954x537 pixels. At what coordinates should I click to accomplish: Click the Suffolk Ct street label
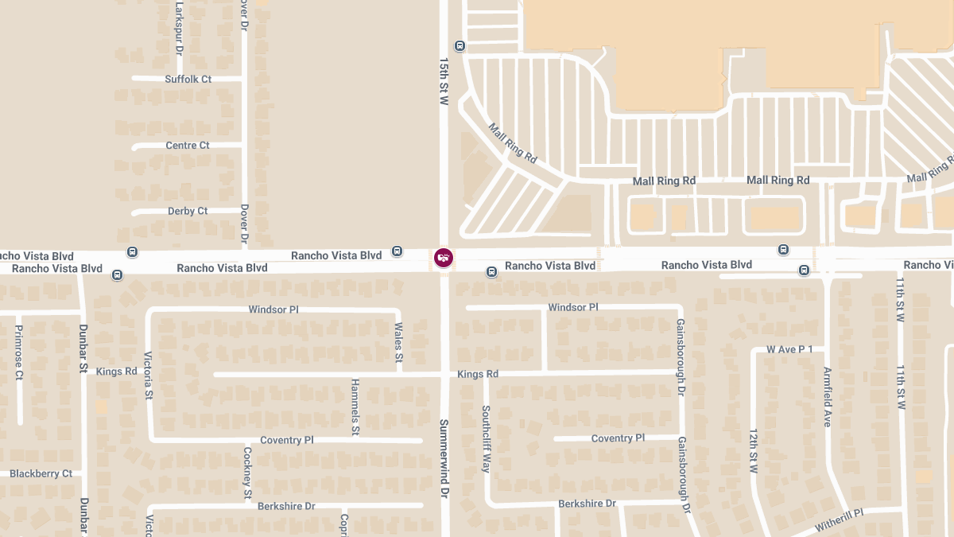coord(188,79)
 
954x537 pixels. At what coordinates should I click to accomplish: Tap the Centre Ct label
coord(188,146)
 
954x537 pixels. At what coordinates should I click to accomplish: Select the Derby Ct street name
coord(188,211)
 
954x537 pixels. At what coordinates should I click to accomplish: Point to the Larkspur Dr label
coord(180,28)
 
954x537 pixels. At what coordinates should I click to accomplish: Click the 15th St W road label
coord(444,80)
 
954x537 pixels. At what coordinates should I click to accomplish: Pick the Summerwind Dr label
coord(444,459)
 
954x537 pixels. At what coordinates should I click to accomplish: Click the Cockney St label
coord(247,473)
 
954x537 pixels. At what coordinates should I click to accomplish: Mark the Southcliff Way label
coord(486,439)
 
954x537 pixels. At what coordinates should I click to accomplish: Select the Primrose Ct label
coord(19,352)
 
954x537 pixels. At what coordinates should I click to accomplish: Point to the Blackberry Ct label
coord(41,473)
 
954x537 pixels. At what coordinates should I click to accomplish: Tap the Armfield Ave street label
coord(828,397)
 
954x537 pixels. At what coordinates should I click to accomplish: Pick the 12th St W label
coord(754,451)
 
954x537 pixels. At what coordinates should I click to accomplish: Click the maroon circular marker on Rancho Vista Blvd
coord(444,258)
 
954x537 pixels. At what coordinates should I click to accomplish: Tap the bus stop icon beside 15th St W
coord(460,45)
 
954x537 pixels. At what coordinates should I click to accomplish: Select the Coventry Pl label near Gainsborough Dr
coord(618,438)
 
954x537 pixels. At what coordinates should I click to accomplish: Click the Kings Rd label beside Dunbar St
coord(116,372)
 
